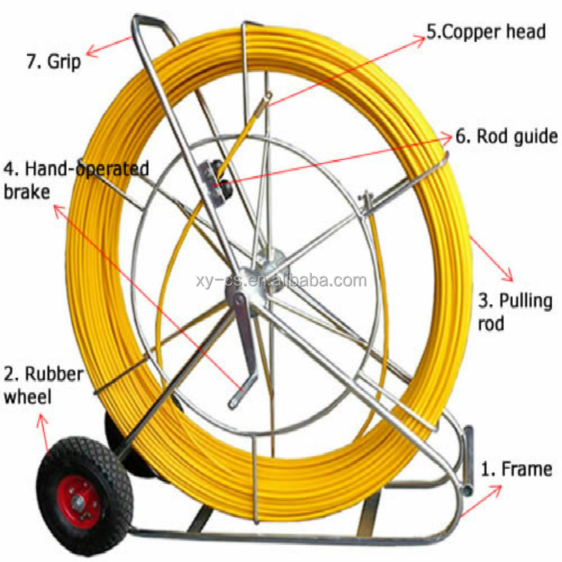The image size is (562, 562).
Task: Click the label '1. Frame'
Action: [x=516, y=469]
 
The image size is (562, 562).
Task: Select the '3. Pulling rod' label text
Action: [x=515, y=312]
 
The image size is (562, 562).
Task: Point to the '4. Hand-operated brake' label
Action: [x=76, y=180]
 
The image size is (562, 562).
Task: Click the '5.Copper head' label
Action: [x=485, y=32]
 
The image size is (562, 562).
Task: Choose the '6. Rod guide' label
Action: [x=506, y=136]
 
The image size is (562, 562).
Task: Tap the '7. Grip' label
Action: [x=53, y=61]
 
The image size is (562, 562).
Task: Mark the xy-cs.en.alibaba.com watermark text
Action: [x=281, y=281]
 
